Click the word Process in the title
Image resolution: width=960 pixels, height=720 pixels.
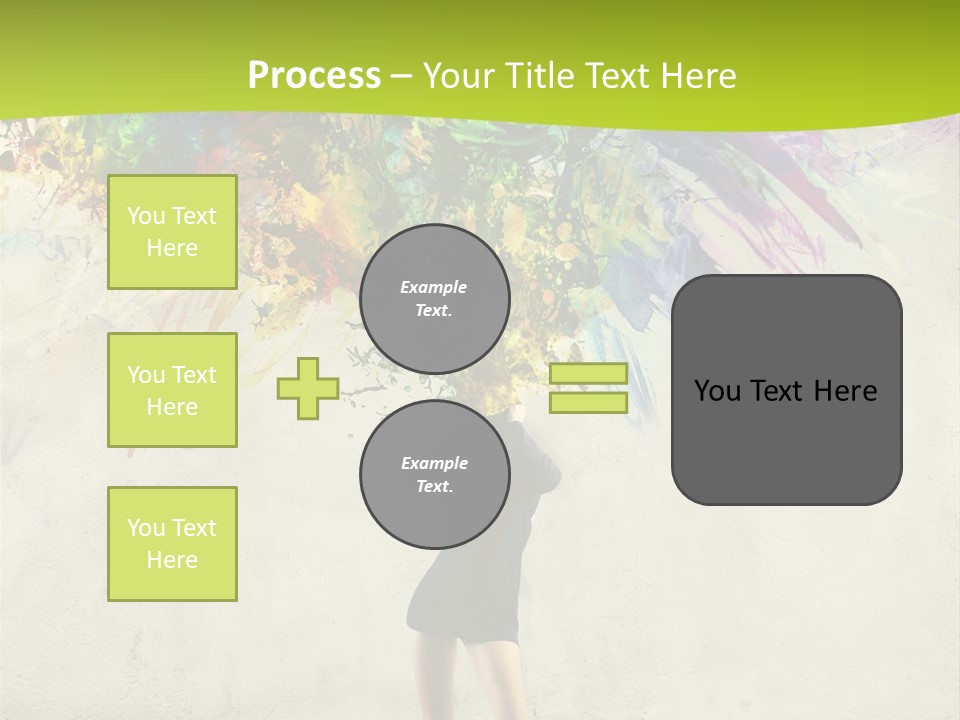(314, 76)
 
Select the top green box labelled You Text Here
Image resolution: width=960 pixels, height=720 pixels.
(172, 232)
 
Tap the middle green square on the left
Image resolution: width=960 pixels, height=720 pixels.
(172, 390)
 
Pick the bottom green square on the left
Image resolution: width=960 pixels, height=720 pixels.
(172, 544)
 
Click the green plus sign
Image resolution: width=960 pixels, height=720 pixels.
(307, 388)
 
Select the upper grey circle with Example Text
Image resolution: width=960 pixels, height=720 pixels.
(435, 299)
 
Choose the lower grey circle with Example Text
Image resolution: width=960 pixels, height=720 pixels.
(435, 475)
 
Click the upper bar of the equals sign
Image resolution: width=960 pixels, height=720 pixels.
(588, 374)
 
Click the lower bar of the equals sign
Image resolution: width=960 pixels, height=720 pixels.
(588, 403)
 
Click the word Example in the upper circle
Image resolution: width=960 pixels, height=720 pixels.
(434, 287)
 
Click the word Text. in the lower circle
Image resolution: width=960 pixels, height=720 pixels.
(434, 487)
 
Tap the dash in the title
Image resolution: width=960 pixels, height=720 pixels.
(402, 76)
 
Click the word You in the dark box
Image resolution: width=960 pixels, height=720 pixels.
(718, 391)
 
